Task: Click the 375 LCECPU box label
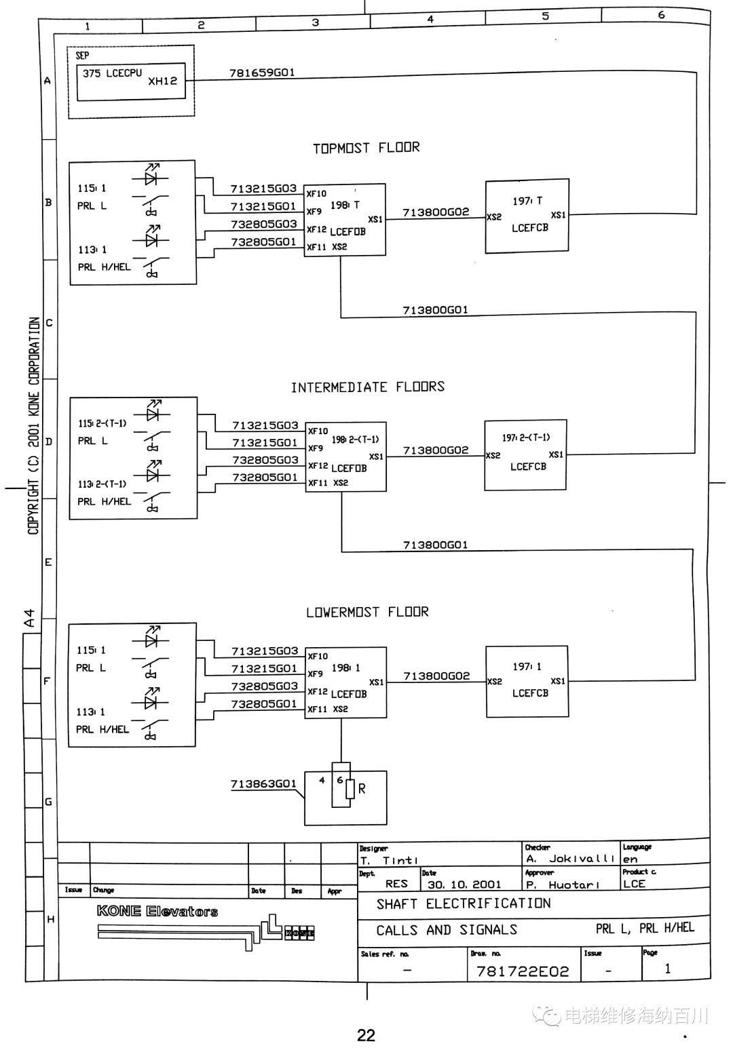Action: click(x=113, y=73)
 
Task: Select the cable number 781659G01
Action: click(x=262, y=73)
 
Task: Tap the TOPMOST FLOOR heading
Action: click(x=366, y=148)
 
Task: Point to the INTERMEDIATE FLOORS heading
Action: click(x=368, y=387)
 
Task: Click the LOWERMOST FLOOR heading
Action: click(x=367, y=612)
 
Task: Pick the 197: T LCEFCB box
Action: click(x=527, y=216)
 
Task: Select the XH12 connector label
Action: click(x=163, y=81)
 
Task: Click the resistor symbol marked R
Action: click(x=350, y=789)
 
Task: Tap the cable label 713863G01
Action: click(x=263, y=783)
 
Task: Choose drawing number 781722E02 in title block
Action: click(x=523, y=972)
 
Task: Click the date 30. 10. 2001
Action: click(x=464, y=885)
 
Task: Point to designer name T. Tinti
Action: click(x=389, y=860)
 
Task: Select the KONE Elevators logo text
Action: click(x=157, y=911)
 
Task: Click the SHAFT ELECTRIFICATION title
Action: click(x=464, y=903)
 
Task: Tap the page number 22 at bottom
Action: click(x=366, y=1035)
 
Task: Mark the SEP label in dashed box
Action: click(x=82, y=56)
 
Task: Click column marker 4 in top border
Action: click(x=430, y=19)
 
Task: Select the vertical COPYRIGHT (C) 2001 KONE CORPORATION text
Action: click(x=34, y=426)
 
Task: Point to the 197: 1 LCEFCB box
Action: click(x=527, y=681)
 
